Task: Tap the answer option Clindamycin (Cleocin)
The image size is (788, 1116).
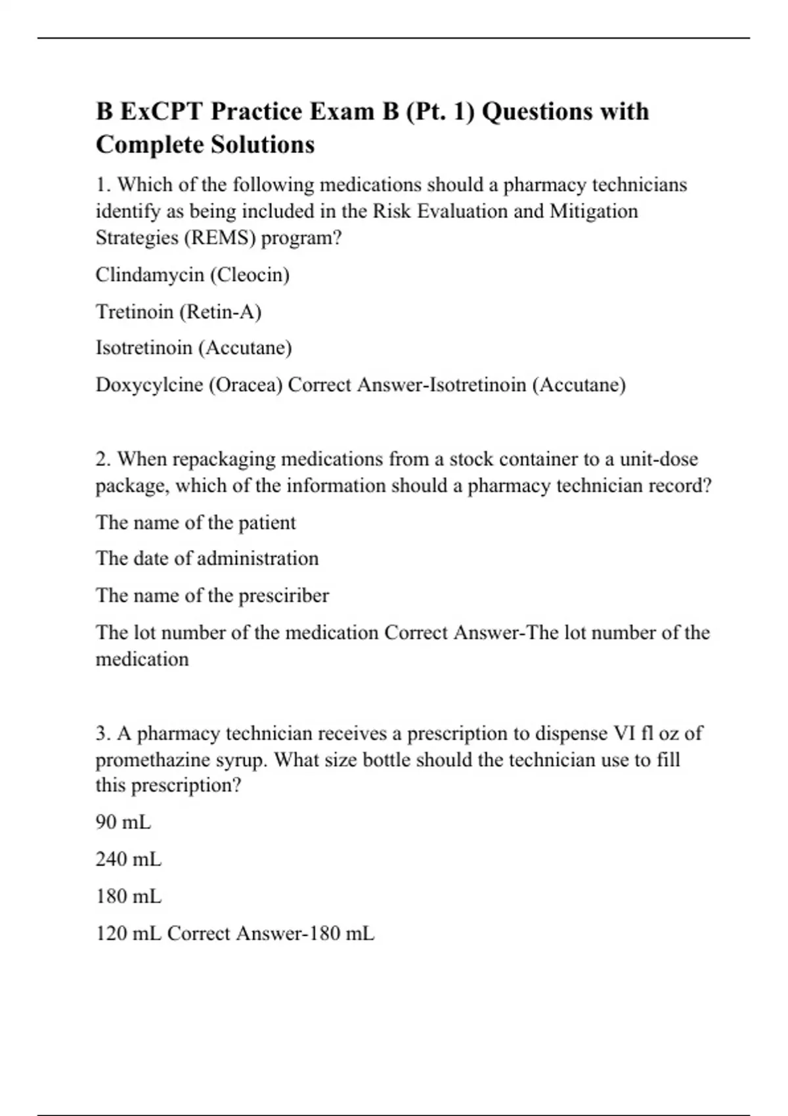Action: pos(192,274)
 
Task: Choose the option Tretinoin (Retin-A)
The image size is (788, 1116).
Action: pos(179,311)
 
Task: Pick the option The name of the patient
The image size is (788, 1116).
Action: pos(196,523)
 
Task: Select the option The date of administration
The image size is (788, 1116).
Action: pos(207,559)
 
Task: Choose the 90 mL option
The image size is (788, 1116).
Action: pos(123,822)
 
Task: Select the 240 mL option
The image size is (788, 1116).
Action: pos(128,859)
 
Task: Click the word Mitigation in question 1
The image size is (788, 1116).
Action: pos(594,211)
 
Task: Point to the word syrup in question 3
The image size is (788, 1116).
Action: pos(242,760)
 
